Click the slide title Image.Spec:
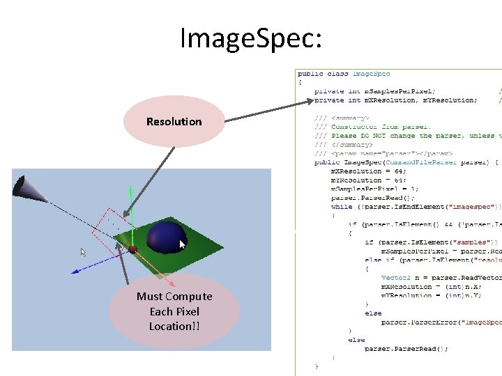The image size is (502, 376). click(x=251, y=38)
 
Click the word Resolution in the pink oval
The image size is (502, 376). click(x=174, y=122)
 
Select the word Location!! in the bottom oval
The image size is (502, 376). click(x=174, y=326)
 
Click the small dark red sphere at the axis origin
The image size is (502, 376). click(x=132, y=249)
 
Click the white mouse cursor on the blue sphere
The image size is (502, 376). click(x=183, y=244)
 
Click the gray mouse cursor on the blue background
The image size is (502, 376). click(x=83, y=251)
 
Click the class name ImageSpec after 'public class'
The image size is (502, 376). click(x=371, y=73)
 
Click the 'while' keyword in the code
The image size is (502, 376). click(x=341, y=207)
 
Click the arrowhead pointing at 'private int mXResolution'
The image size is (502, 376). click(x=310, y=101)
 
